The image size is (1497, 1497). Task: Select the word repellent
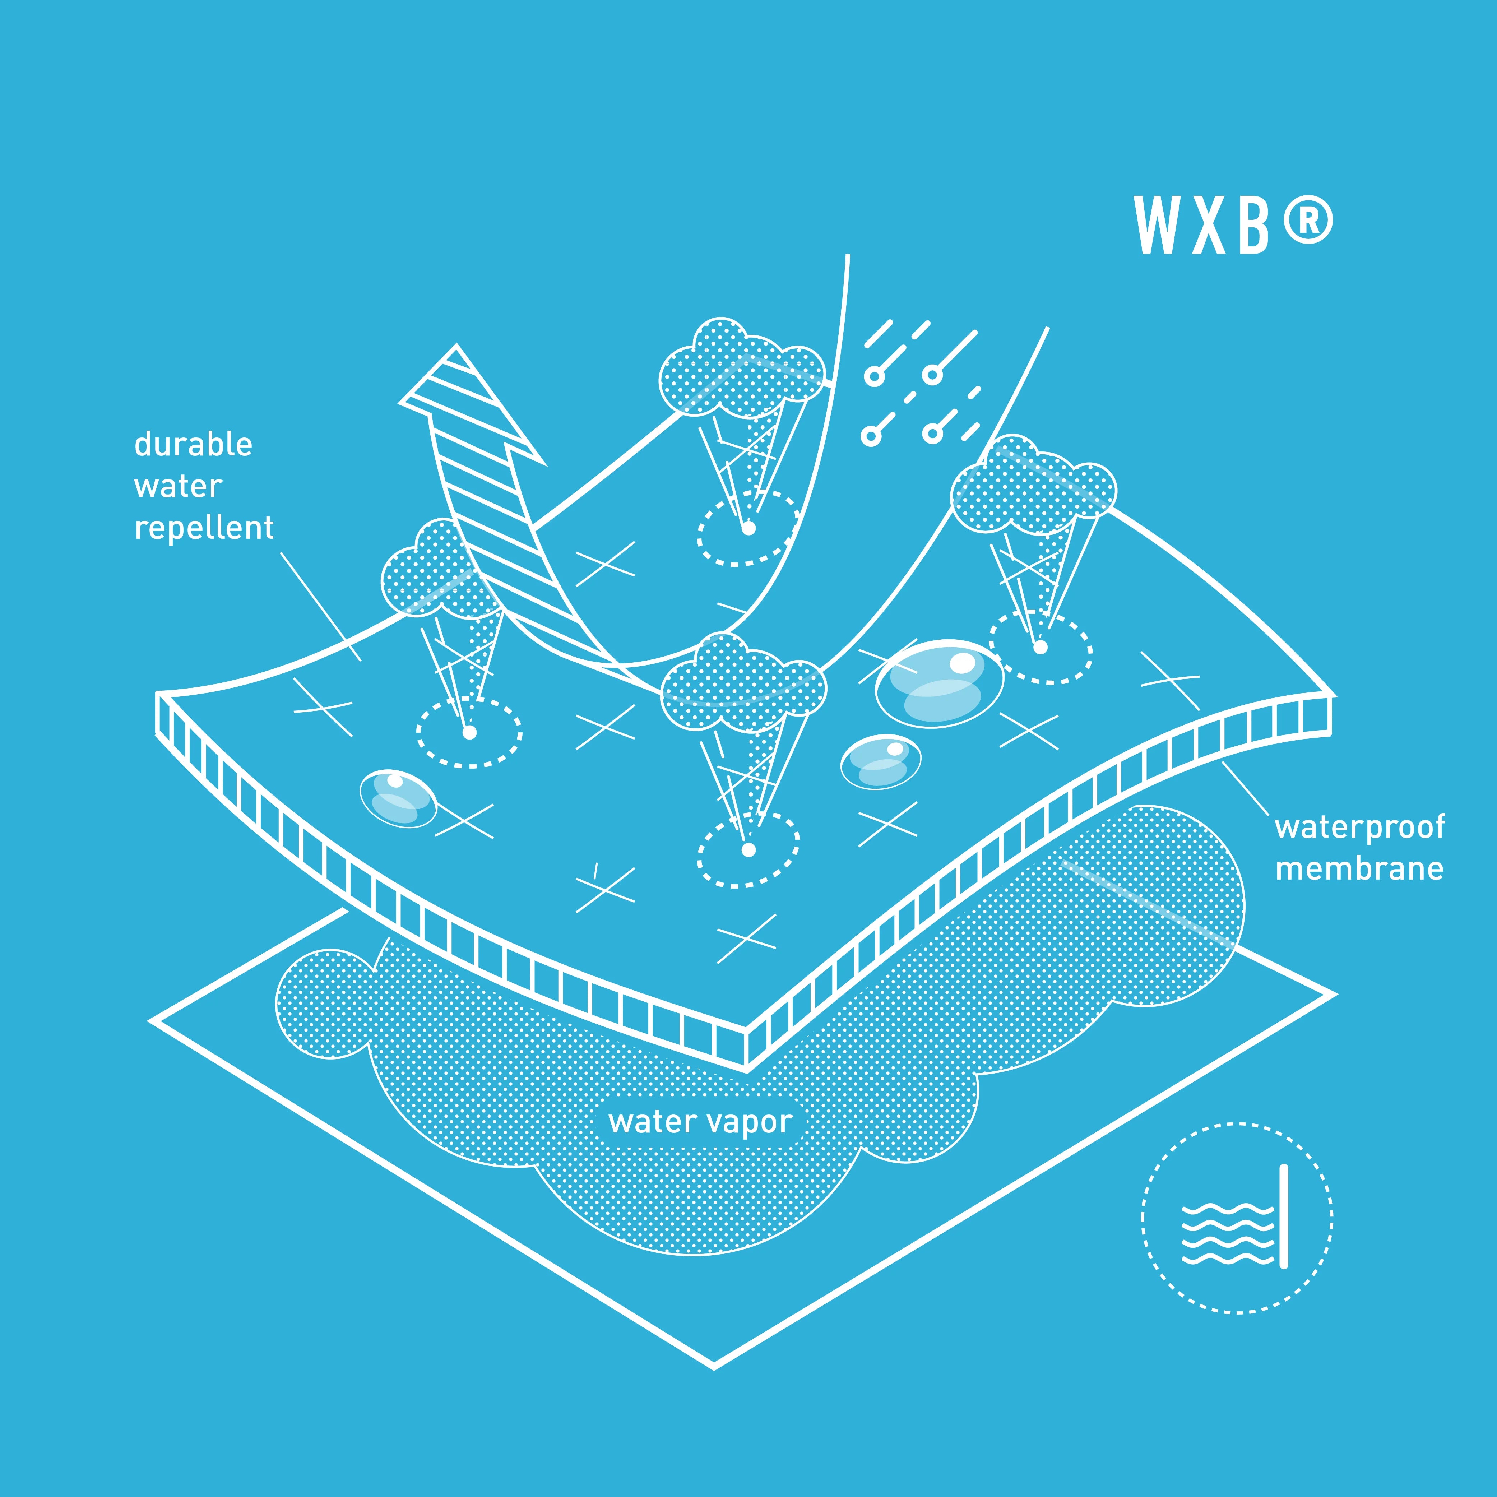(x=204, y=528)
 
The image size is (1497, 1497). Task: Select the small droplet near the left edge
(x=398, y=798)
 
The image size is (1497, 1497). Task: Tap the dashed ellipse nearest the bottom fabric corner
(x=748, y=850)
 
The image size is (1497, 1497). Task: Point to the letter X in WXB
(x=1208, y=225)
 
